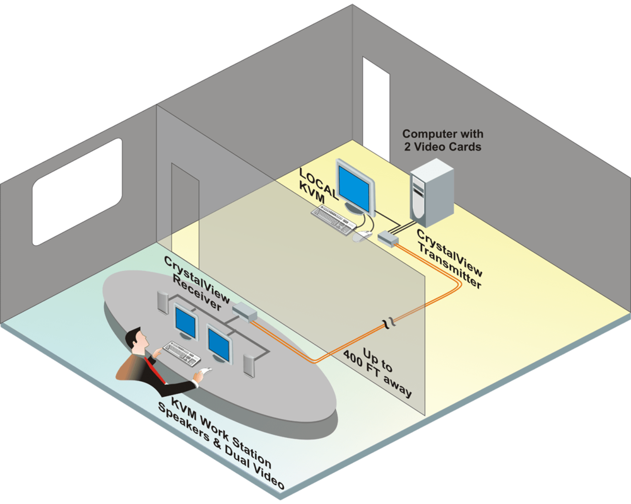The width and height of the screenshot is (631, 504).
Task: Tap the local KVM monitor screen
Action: click(355, 182)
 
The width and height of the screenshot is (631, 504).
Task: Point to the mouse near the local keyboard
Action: click(361, 238)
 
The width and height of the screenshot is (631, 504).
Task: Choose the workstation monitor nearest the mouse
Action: click(220, 343)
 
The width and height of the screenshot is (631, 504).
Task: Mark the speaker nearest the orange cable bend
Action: click(250, 365)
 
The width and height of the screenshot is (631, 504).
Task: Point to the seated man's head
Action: click(135, 341)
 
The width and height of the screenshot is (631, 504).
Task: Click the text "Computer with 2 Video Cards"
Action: click(442, 140)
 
